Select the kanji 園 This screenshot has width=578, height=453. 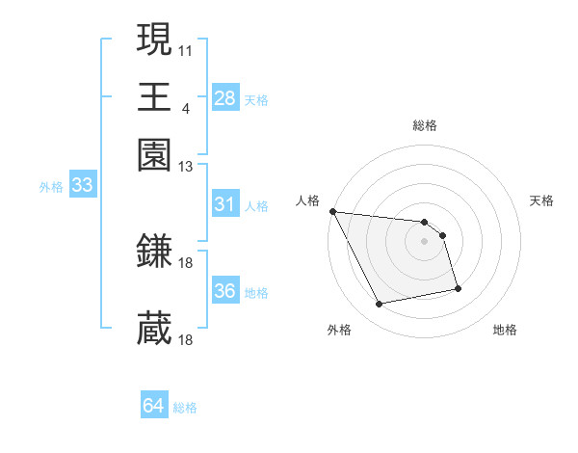[x=154, y=153]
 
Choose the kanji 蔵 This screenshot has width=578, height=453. [x=154, y=328]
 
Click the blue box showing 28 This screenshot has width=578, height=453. [x=224, y=98]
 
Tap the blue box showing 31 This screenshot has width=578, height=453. [x=224, y=204]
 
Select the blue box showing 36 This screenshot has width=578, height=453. [x=224, y=291]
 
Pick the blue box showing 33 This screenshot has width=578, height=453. [x=81, y=186]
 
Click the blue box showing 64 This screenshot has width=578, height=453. [x=153, y=406]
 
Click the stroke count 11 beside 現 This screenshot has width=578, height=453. [x=186, y=49]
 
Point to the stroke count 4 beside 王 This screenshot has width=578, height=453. [x=185, y=107]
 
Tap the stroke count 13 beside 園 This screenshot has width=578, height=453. [x=186, y=166]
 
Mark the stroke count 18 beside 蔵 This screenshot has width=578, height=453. [x=187, y=340]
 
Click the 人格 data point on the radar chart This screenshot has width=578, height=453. [x=332, y=211]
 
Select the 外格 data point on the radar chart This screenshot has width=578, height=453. [x=380, y=305]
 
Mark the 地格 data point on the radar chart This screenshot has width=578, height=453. [x=458, y=288]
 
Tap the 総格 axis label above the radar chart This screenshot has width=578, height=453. [x=424, y=125]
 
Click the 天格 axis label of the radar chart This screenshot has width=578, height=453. [x=541, y=200]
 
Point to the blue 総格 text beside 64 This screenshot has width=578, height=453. [x=185, y=408]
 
